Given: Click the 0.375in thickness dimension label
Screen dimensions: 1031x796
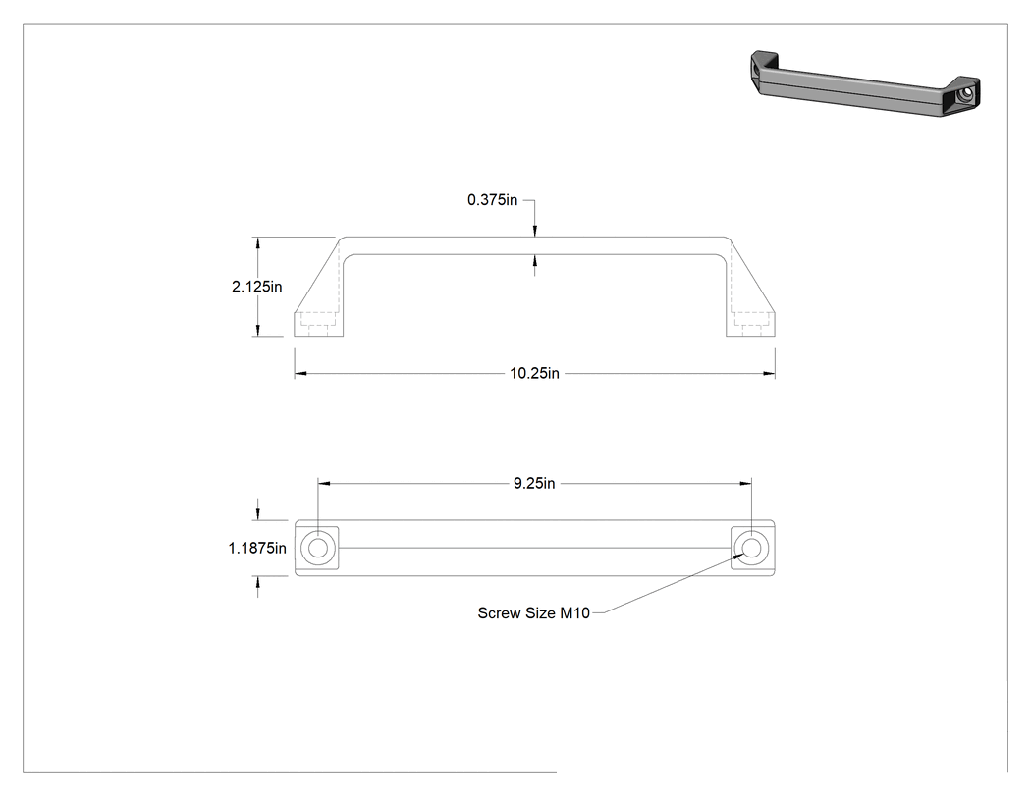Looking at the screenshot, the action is [493, 200].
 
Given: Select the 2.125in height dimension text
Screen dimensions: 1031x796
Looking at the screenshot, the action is [257, 287].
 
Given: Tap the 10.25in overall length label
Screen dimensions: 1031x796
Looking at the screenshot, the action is [534, 373].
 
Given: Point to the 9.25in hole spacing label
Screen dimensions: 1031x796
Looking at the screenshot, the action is [534, 483].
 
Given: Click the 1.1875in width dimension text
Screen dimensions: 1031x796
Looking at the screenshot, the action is [257, 548].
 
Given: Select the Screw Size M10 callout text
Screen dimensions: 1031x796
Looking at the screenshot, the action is [534, 613].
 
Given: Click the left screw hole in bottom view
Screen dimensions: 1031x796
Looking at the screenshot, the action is [317, 548].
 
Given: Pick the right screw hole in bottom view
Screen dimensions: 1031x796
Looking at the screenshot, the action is [751, 548].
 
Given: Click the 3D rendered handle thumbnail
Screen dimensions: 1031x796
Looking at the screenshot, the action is [865, 83].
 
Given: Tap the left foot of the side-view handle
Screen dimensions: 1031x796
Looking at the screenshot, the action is [318, 324].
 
